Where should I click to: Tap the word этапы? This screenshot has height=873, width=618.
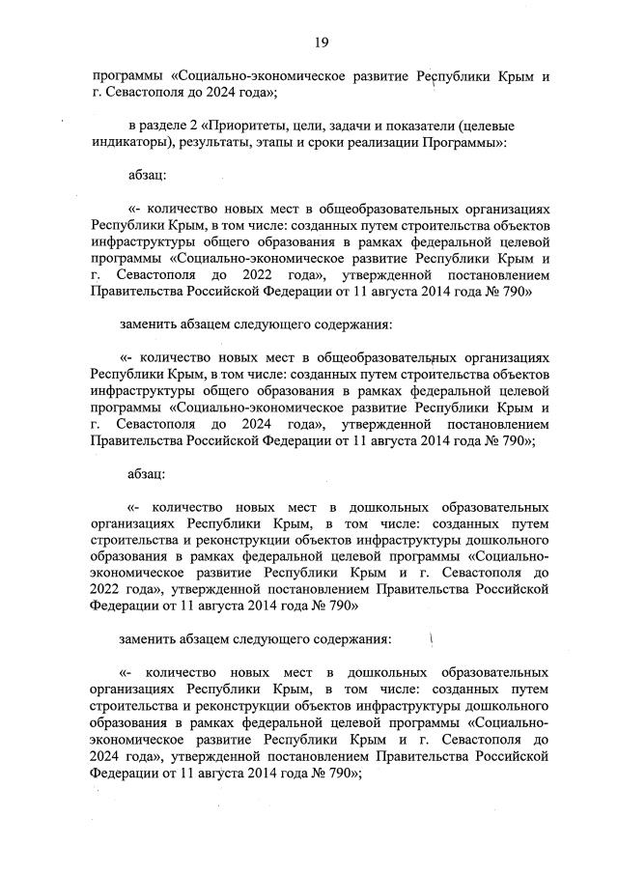(294, 143)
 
